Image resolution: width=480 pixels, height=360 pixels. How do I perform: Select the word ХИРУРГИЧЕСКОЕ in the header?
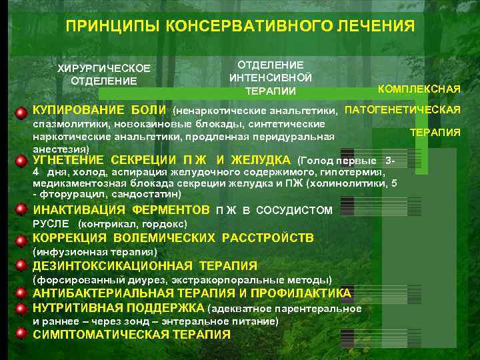[104, 69]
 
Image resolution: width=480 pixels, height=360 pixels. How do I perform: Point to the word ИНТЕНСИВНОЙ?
[270, 77]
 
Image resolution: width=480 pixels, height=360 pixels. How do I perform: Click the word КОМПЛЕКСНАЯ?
[419, 89]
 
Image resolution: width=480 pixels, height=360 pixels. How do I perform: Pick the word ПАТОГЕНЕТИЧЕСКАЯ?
[403, 109]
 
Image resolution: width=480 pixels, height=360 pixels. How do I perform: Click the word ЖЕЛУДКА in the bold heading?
[260, 160]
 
